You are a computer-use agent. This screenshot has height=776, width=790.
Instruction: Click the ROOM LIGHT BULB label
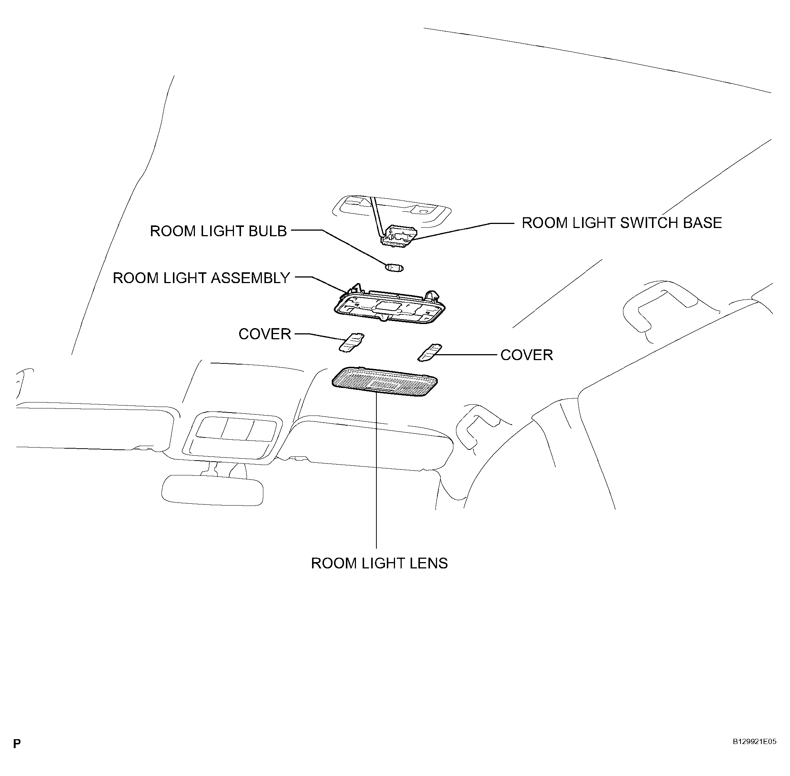tap(218, 231)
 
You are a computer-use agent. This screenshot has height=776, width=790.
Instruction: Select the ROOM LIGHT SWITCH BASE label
tap(622, 223)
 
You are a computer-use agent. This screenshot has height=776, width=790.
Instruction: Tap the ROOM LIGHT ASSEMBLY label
tap(201, 278)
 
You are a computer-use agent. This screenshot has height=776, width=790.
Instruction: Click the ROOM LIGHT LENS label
tap(379, 563)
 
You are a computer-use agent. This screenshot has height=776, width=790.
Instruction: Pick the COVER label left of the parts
tap(264, 334)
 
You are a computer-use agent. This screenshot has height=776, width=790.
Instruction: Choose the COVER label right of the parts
tap(526, 355)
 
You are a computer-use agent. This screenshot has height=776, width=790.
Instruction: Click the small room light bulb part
tap(394, 268)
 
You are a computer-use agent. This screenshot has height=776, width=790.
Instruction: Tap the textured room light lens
tap(385, 381)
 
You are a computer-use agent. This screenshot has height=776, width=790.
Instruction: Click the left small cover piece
tap(351, 342)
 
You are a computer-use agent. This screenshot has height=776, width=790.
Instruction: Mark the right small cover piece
tap(430, 352)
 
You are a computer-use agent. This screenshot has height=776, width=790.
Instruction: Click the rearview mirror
tap(212, 490)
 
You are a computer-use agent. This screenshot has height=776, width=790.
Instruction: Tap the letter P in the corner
tap(17, 744)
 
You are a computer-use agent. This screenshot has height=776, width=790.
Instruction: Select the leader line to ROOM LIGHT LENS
tap(376, 469)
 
